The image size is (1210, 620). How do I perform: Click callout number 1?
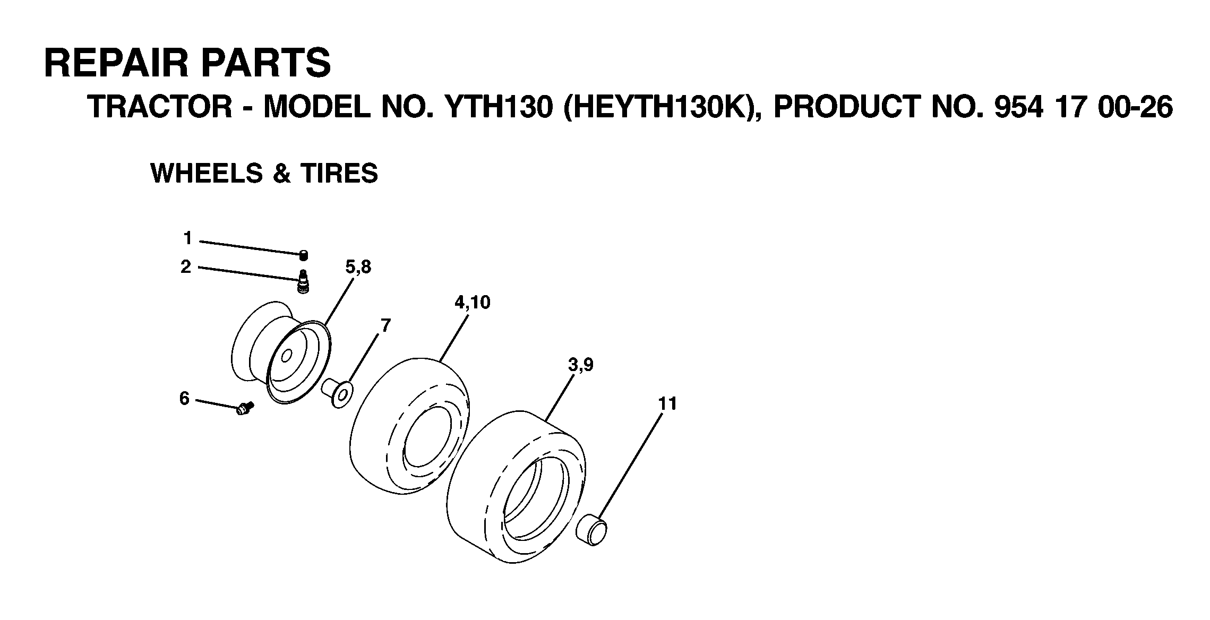[187, 238]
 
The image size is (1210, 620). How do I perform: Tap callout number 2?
[185, 266]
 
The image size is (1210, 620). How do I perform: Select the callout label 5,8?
[358, 266]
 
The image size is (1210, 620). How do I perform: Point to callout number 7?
[385, 325]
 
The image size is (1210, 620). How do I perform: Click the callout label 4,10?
[472, 302]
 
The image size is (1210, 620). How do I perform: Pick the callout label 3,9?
[580, 365]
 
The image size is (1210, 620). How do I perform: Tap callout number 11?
[667, 404]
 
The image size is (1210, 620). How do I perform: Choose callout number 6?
[184, 398]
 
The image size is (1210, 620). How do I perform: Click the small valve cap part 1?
[304, 255]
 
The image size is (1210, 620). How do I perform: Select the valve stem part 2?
[303, 281]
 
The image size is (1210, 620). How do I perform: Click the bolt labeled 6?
[245, 408]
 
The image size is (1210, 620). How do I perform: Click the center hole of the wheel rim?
[287, 355]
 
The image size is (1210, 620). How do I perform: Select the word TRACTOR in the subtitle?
[160, 107]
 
